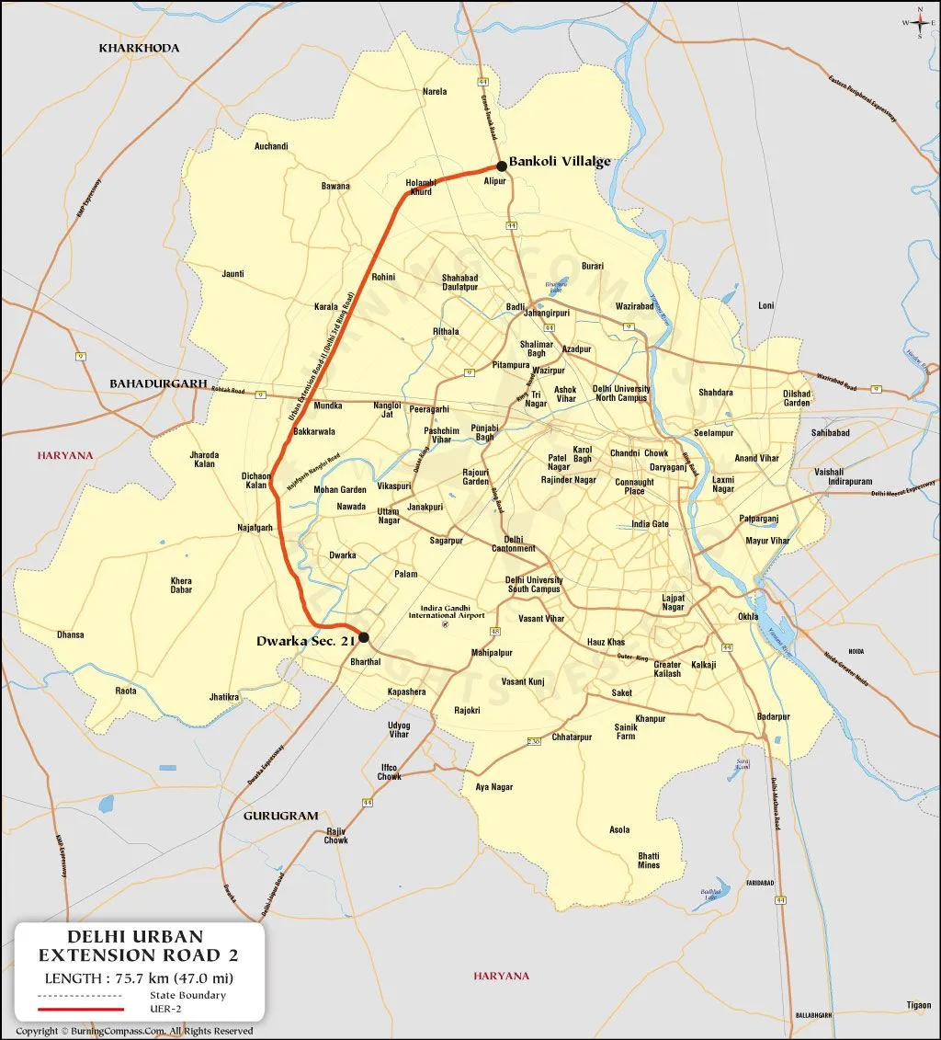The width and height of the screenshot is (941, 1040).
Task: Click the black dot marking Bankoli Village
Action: [x=501, y=166]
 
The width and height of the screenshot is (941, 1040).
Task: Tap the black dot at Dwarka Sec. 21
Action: [x=364, y=637]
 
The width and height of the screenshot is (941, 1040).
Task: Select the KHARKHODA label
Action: [x=140, y=48]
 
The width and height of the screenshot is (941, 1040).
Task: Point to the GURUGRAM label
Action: [x=280, y=816]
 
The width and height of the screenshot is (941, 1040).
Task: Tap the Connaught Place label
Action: [x=635, y=486]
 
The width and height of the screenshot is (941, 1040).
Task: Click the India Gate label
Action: [x=650, y=524]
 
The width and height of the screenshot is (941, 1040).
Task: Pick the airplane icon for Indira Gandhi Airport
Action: [x=446, y=625]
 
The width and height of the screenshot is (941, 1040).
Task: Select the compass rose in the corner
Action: [x=919, y=22]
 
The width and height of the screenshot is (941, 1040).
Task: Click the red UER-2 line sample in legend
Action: [x=80, y=1010]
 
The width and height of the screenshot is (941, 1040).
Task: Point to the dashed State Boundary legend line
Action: [x=80, y=996]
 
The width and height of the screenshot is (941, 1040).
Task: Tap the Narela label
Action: [x=435, y=92]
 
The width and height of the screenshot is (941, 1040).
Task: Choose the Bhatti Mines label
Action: [x=649, y=861]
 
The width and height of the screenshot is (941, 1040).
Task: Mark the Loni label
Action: [x=766, y=305]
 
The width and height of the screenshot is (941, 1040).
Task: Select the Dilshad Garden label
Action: [x=797, y=398]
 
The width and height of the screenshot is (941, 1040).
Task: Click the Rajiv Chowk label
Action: [x=336, y=835]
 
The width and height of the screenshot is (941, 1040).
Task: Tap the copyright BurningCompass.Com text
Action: [x=134, y=1031]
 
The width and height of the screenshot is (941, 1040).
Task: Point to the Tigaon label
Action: [x=918, y=1005]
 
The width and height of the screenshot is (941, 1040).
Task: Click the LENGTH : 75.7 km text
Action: [x=139, y=977]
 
